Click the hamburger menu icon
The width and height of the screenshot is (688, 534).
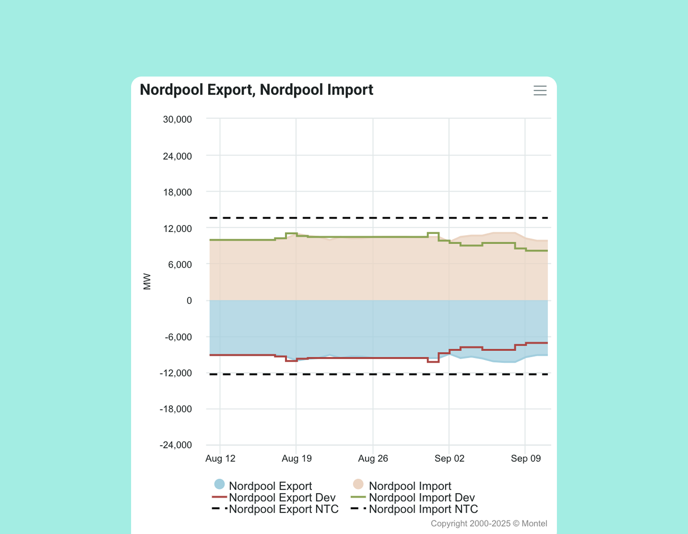[x=540, y=91]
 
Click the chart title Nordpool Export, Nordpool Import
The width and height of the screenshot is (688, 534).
[x=256, y=90]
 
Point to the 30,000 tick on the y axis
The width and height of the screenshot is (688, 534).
[x=177, y=119]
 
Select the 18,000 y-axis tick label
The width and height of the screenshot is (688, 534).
[x=177, y=192]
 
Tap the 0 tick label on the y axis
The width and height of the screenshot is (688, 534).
[x=189, y=301]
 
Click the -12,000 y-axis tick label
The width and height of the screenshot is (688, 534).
[x=176, y=373]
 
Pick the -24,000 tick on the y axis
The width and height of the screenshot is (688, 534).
[x=176, y=445]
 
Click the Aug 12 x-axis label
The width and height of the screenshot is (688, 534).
[x=220, y=458]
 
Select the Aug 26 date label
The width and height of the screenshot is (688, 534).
[x=373, y=458]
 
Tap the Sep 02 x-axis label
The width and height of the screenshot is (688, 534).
[x=449, y=458]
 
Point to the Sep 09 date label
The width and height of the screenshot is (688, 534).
[x=526, y=458]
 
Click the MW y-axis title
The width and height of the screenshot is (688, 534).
[x=147, y=282]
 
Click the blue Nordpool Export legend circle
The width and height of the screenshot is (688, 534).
[x=220, y=484]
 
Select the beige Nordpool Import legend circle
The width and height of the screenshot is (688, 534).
[x=359, y=484]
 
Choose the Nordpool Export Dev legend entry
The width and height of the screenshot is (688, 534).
[x=282, y=497]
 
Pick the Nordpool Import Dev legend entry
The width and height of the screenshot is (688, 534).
[x=421, y=497]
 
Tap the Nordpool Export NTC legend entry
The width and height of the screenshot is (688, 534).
[x=283, y=509]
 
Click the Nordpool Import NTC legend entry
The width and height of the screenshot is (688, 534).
[x=423, y=509]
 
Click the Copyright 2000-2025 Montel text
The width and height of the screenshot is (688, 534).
[x=489, y=523]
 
